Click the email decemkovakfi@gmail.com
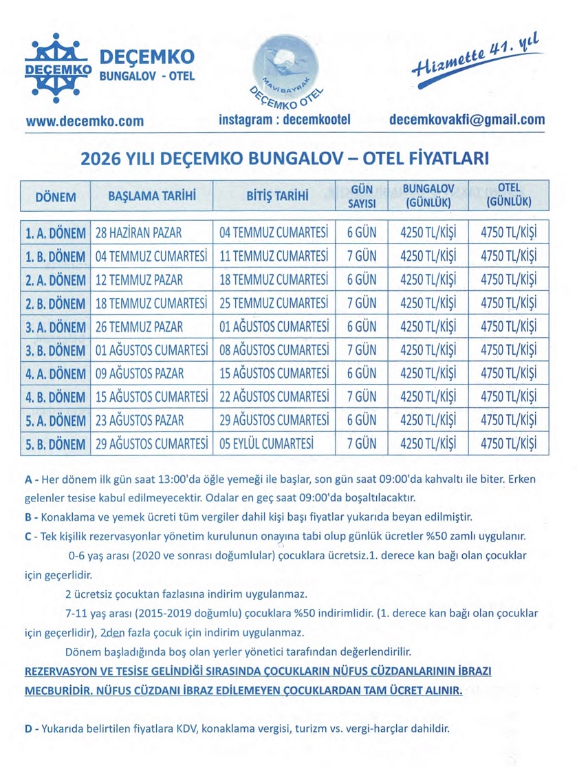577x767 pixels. (466, 120)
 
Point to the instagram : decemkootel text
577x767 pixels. (285, 120)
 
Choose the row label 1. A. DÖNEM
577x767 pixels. (56, 232)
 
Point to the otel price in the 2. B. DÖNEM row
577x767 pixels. (510, 303)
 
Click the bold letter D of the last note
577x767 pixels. (28, 729)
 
